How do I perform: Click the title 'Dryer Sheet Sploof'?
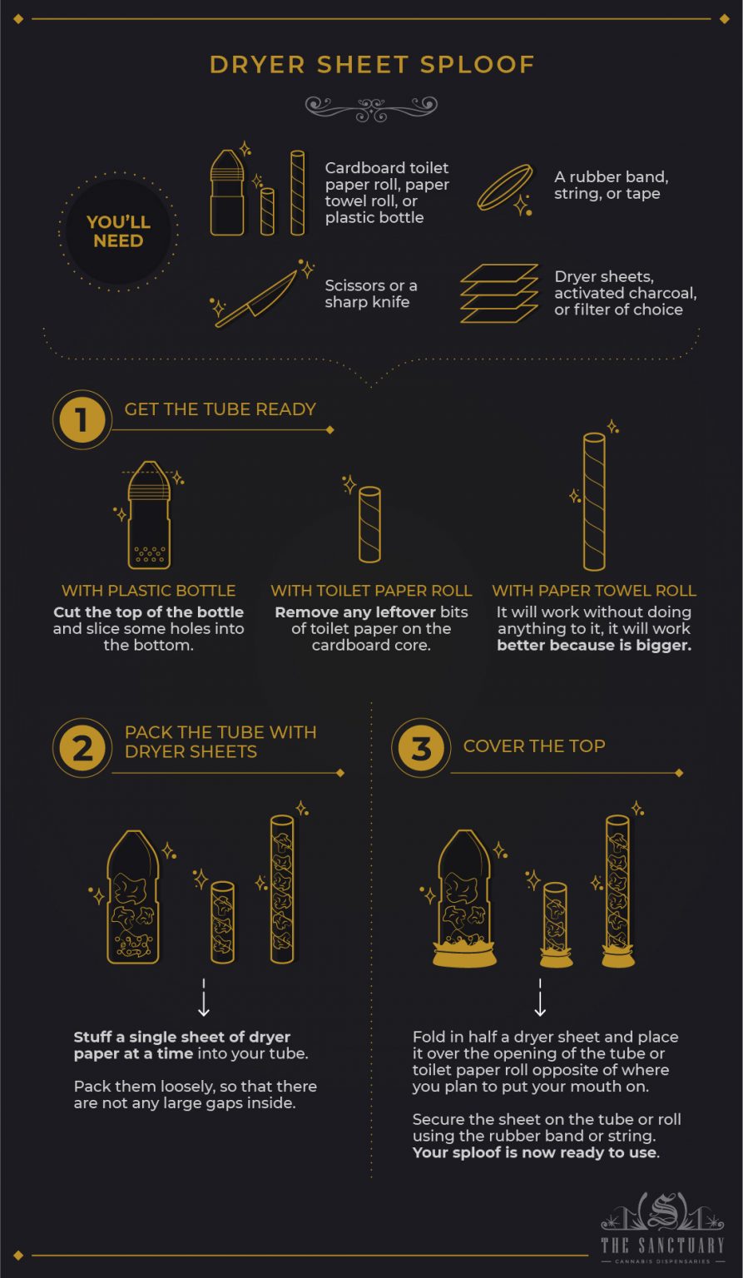tap(371, 65)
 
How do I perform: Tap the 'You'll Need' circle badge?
tap(118, 232)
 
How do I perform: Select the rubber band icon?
tap(504, 188)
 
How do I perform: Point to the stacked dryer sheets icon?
tap(499, 293)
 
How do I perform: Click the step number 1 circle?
tap(82, 419)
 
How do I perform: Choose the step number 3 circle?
tap(421, 747)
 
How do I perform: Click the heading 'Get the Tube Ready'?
tap(220, 409)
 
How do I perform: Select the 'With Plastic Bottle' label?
tap(149, 591)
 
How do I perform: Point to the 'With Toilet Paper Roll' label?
tap(371, 591)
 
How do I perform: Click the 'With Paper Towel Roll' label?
tap(594, 591)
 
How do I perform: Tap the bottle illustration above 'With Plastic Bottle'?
tap(149, 515)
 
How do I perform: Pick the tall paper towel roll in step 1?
tap(594, 501)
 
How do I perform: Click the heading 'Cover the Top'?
tap(534, 745)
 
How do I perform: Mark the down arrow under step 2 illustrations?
tap(203, 998)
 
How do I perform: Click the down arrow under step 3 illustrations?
tap(540, 998)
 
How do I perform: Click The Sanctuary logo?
tap(663, 1228)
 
